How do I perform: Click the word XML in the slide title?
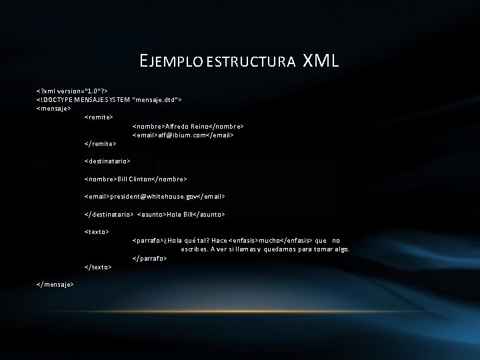(x=321, y=62)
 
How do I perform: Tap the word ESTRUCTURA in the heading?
(x=251, y=63)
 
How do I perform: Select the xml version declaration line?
(x=74, y=89)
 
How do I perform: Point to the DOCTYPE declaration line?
(x=110, y=99)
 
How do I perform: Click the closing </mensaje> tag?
(x=55, y=284)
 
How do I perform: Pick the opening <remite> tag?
(x=99, y=117)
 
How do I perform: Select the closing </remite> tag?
(x=100, y=143)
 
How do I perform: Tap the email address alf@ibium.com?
(x=183, y=134)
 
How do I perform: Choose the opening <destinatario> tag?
(x=107, y=161)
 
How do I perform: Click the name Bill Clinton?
(x=135, y=179)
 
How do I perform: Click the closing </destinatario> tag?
(x=109, y=215)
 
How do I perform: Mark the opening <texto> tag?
(x=97, y=231)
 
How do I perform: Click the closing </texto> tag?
(x=98, y=267)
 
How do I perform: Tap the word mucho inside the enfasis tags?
(x=269, y=240)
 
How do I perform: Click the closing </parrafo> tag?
(x=150, y=258)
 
